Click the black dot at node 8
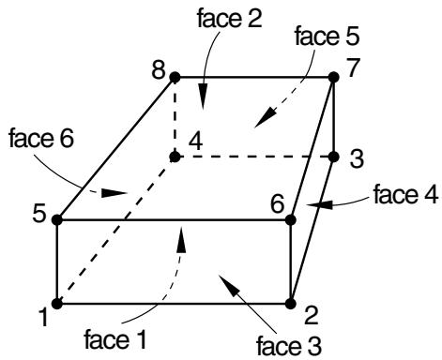175,77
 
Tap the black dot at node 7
334,77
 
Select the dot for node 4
175,157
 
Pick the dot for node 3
334,157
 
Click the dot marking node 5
57,219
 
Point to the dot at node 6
291,219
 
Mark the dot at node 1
57,304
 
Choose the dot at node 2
291,304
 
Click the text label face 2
230,18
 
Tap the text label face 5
328,36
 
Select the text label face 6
41,138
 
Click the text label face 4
405,194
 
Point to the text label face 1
115,339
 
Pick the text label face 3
288,346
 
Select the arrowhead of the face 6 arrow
114,193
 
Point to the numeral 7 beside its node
353,67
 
